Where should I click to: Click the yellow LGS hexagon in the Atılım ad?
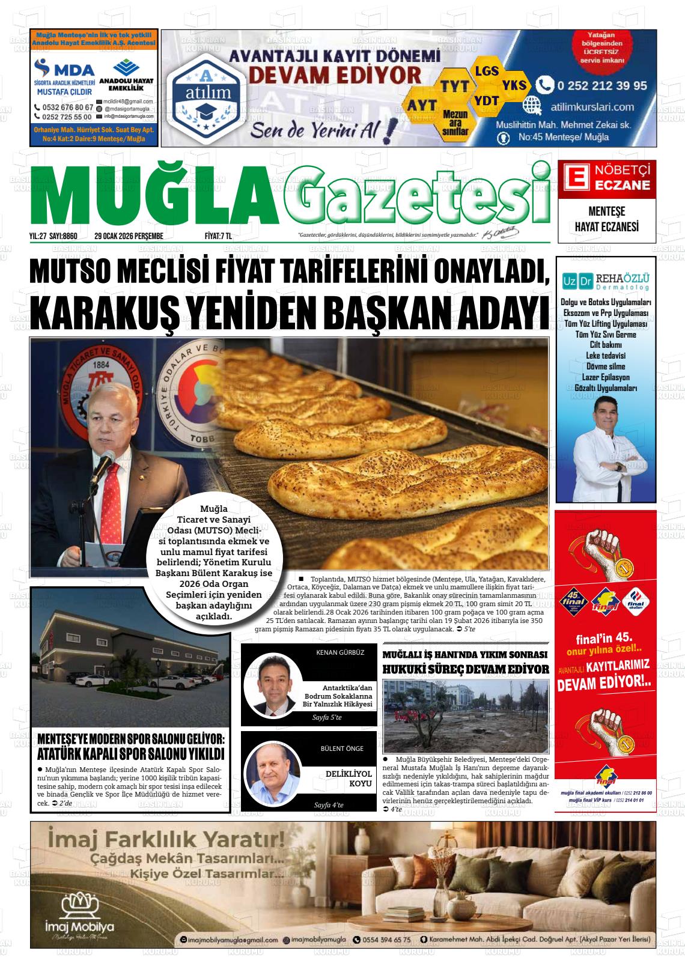point(487,71)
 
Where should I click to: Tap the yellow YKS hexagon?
point(514,85)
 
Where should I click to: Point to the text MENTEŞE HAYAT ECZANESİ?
point(606,220)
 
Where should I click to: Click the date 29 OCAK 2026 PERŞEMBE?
point(129,236)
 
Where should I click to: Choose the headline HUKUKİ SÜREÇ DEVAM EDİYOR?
point(466,669)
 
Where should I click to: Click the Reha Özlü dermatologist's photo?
point(606,442)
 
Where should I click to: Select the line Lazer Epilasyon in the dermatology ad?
point(606,377)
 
